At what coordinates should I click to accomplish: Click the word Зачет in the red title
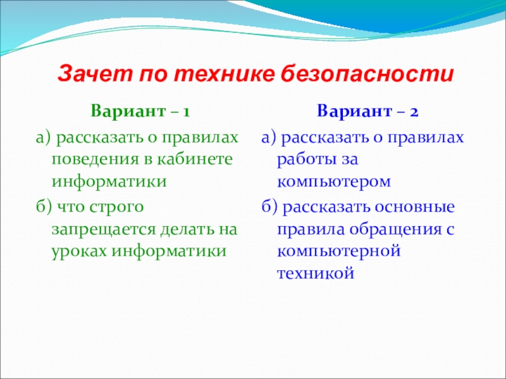(x=96, y=75)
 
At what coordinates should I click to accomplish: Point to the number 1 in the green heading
(x=186, y=112)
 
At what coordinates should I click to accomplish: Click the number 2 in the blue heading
(x=414, y=112)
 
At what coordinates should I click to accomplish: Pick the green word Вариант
(x=128, y=111)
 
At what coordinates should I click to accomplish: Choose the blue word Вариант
(x=354, y=111)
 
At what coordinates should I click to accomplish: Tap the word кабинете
(x=195, y=159)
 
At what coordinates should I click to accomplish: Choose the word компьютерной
(x=339, y=251)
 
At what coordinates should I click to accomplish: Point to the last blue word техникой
(x=316, y=274)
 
